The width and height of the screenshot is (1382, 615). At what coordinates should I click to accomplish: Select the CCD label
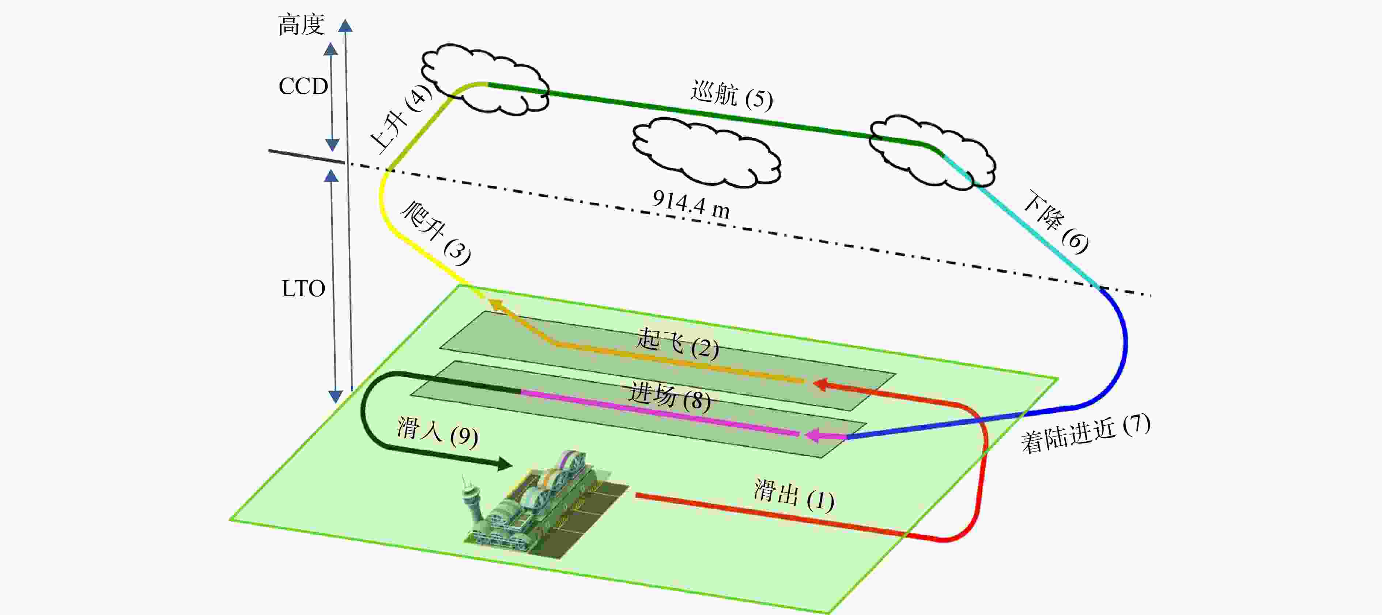(x=303, y=86)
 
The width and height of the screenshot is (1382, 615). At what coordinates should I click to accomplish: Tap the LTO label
(x=303, y=289)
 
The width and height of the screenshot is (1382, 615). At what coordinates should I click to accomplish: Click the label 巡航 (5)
(x=731, y=95)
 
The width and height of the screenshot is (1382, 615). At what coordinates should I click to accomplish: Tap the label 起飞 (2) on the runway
(x=677, y=344)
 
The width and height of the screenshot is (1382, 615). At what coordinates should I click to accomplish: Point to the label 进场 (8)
(x=669, y=396)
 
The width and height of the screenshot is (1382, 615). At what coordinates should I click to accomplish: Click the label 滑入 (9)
(x=437, y=432)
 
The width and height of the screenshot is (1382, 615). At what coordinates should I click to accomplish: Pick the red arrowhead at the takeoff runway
(x=820, y=384)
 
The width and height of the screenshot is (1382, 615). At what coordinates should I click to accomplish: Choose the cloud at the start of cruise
(x=484, y=79)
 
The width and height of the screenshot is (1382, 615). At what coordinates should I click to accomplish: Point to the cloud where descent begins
(x=932, y=152)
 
